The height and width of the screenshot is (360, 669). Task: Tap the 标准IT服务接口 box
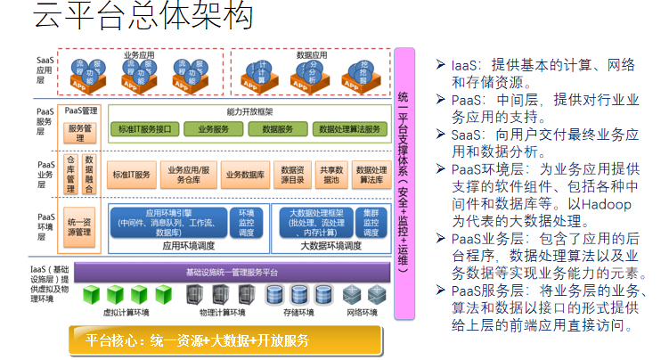[145, 129]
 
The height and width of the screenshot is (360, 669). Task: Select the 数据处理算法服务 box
[353, 129]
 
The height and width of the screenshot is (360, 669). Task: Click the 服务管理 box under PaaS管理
[81, 134]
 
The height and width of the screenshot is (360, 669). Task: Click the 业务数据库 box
[246, 174]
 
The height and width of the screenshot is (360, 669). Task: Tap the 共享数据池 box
[331, 174]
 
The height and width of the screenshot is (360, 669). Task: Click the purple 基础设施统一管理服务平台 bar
[232, 272]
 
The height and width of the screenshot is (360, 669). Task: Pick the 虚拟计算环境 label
[126, 313]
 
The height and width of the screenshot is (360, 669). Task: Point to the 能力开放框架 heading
[249, 112]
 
